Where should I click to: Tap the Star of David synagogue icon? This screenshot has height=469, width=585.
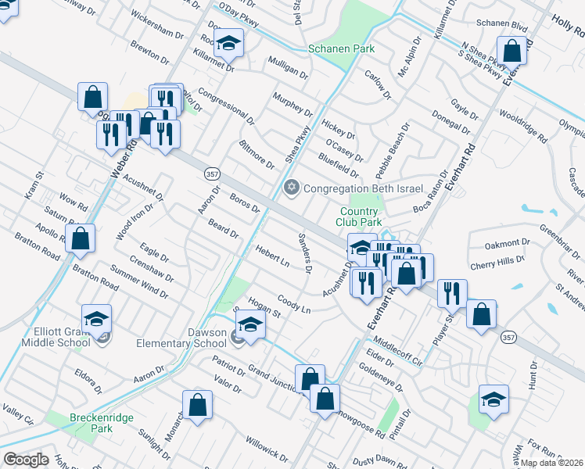[x=292, y=188]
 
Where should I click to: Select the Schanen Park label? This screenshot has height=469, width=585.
[x=342, y=48]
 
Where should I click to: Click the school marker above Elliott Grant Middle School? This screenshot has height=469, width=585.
[x=96, y=318]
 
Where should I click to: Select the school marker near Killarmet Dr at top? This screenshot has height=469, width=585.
[x=229, y=43]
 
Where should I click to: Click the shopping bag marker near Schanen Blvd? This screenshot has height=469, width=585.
[x=511, y=52]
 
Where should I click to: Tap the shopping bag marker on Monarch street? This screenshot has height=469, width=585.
[x=198, y=405]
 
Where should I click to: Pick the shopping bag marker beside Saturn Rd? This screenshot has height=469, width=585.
[x=80, y=238]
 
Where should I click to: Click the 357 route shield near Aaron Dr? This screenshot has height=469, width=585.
[x=211, y=173]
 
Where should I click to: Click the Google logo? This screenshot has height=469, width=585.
[x=26, y=460]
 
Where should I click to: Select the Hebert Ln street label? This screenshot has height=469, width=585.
[x=272, y=256]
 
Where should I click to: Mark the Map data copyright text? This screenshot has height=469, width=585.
[x=552, y=463]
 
